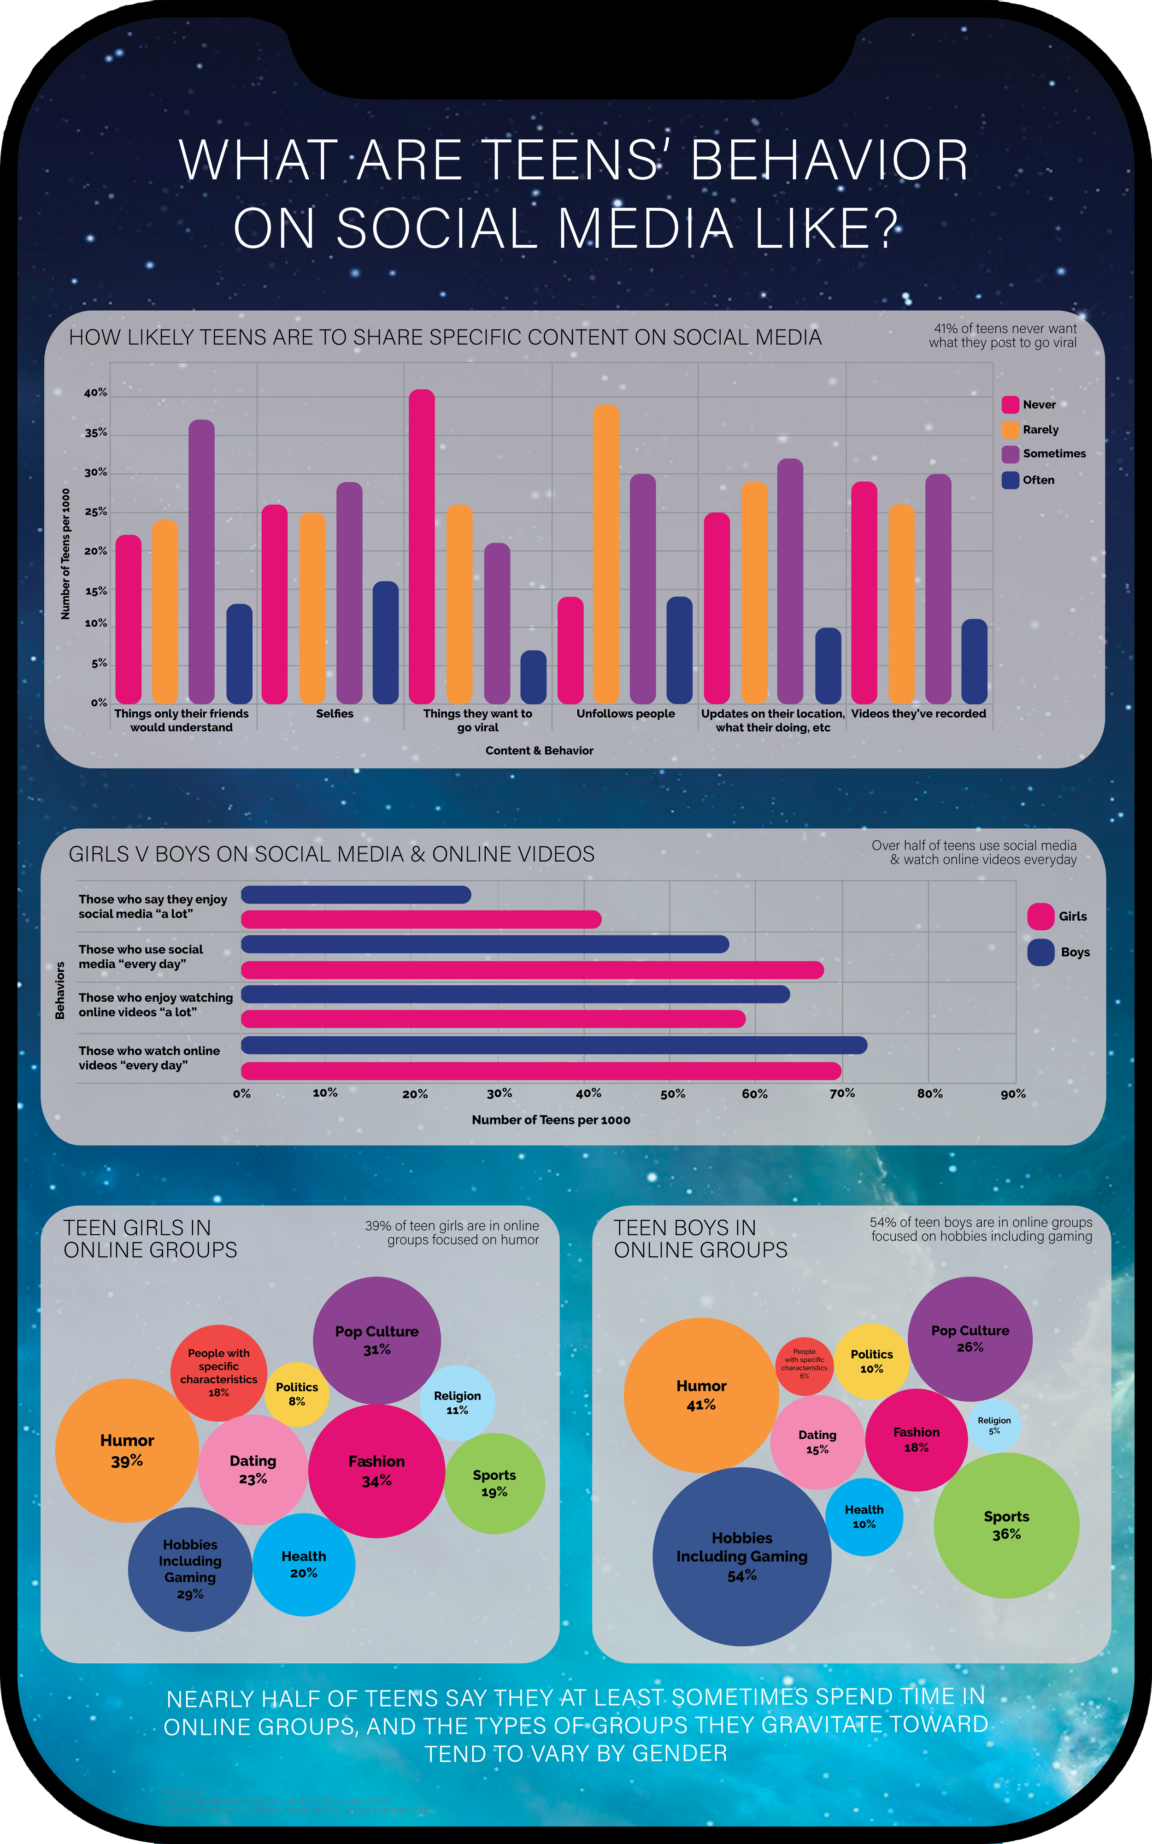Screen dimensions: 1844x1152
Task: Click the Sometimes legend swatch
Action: [1010, 454]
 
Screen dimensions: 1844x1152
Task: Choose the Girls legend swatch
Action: [1040, 916]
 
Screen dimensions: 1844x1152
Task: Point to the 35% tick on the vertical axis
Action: [96, 433]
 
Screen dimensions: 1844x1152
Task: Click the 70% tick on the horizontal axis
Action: [842, 1093]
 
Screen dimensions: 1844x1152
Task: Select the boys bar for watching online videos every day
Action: [554, 1045]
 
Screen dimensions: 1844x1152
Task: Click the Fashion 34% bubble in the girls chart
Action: [376, 1471]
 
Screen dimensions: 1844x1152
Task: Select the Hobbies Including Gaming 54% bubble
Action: [741, 1557]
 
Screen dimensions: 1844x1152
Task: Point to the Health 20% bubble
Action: [303, 1564]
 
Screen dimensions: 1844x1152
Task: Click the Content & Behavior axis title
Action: [540, 751]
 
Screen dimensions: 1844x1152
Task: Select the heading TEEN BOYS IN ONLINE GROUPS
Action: [700, 1239]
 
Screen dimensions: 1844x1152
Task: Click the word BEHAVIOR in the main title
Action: [829, 161]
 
